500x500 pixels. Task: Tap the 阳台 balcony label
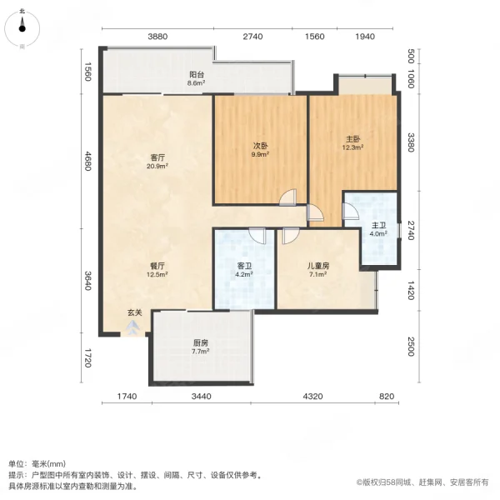196,75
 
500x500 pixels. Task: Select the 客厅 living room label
156,157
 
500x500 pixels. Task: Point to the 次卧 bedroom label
262,145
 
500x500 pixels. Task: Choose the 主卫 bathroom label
378,226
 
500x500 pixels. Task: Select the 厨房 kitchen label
200,342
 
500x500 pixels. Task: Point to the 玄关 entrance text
134,312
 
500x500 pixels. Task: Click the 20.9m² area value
156,166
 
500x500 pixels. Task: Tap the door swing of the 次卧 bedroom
287,197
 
